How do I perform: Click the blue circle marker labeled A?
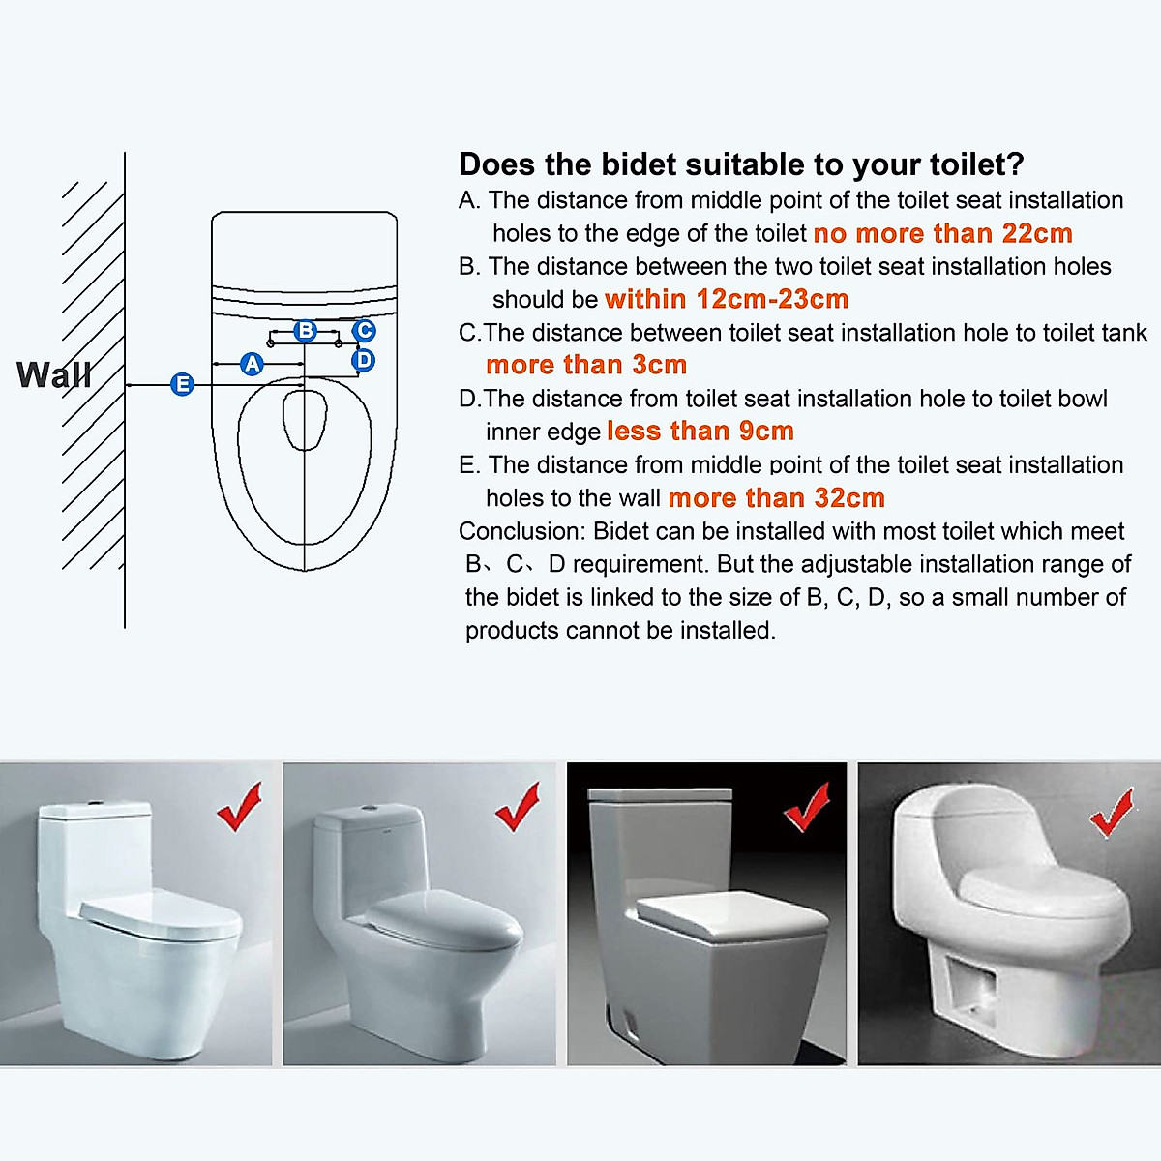click(253, 364)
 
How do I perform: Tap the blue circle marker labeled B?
click(306, 331)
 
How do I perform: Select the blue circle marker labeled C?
click(364, 331)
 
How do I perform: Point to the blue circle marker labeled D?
click(364, 361)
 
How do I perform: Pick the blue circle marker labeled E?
click(182, 384)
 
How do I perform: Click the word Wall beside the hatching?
click(54, 374)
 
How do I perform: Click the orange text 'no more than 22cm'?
click(942, 234)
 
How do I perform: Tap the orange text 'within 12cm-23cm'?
click(727, 300)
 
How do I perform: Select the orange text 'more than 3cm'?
click(586, 366)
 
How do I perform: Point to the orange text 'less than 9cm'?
click(700, 432)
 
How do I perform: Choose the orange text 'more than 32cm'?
click(776, 498)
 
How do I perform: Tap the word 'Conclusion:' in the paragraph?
click(521, 532)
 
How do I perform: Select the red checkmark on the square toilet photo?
click(807, 807)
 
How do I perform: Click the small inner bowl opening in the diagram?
click(302, 419)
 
